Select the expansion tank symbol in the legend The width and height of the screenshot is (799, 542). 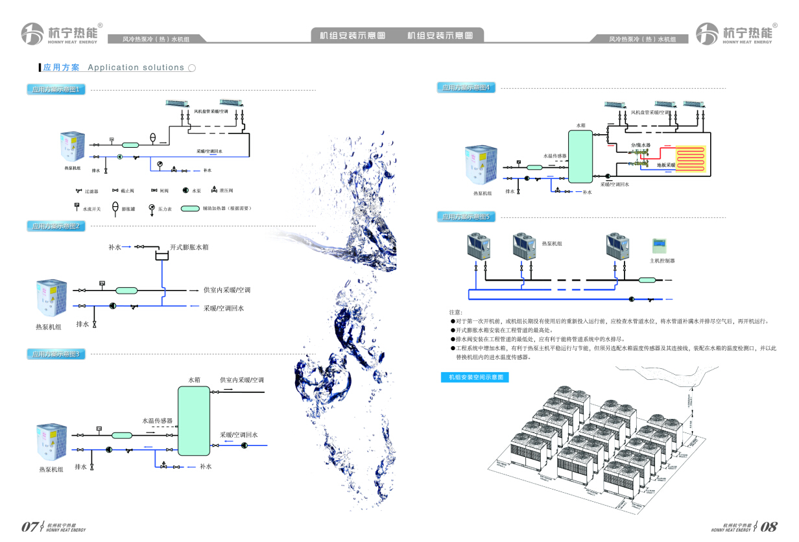coord(115,208)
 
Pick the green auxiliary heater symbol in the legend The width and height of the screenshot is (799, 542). coord(189,209)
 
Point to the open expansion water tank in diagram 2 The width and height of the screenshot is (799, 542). coord(161,256)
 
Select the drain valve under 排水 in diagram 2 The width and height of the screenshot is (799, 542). coord(95,324)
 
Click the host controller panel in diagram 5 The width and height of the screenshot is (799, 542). coord(662,246)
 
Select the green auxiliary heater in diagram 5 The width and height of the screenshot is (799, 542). coord(647,280)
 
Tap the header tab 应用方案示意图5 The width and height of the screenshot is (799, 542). coord(466,217)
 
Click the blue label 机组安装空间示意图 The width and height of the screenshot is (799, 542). coord(474,377)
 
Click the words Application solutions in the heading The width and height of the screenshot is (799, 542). coord(136,67)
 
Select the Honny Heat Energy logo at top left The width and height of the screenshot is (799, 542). coord(60,33)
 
